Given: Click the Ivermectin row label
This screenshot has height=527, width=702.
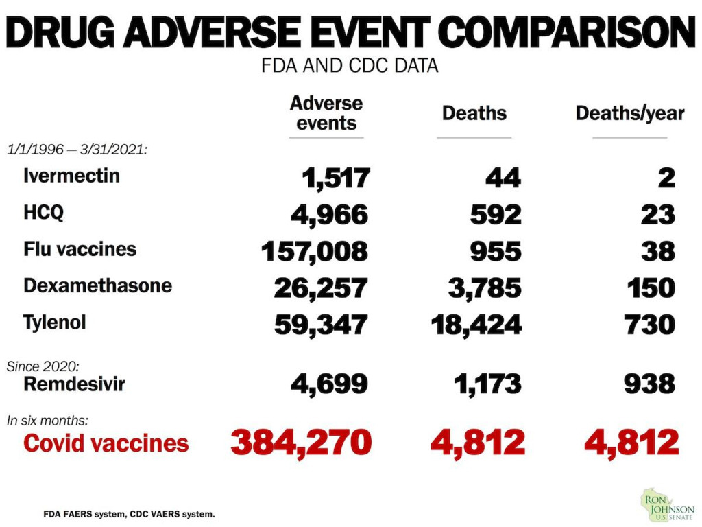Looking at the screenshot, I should click(x=71, y=176).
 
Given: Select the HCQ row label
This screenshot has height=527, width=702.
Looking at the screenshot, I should click(x=43, y=213).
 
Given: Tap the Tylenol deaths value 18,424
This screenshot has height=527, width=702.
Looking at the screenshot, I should click(x=476, y=324).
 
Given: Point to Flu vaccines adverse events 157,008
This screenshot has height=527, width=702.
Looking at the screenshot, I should click(x=315, y=251).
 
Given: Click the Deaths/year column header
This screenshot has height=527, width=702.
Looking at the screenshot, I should click(x=629, y=113).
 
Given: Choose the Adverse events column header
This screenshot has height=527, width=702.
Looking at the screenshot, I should click(x=326, y=113).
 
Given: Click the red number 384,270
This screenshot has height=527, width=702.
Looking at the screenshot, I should click(x=301, y=443).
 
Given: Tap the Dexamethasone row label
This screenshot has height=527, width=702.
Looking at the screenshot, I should click(x=97, y=285).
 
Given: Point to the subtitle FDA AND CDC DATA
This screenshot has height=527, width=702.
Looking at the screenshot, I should click(x=350, y=67).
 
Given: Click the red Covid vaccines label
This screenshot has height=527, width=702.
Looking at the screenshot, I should click(x=106, y=443).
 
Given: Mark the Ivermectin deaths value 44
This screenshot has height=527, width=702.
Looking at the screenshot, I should click(x=504, y=178).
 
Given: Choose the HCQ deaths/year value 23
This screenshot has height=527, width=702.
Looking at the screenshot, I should click(x=658, y=215).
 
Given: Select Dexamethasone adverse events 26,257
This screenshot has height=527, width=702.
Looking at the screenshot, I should click(x=321, y=288).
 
